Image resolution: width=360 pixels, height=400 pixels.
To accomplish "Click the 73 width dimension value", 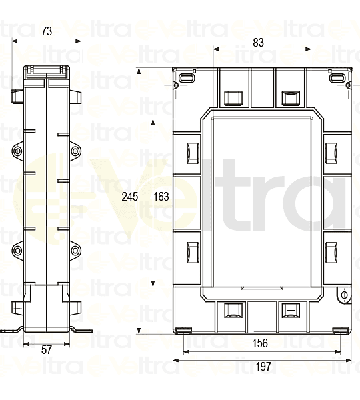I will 47,31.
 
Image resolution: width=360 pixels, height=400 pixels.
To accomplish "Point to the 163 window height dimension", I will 161,197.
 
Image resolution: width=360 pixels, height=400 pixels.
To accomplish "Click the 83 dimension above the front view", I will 259,42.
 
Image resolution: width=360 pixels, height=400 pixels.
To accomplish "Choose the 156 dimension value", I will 261,343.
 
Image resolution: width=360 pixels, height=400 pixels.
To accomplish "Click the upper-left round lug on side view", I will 18,152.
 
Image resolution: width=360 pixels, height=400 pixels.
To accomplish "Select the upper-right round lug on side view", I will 75,152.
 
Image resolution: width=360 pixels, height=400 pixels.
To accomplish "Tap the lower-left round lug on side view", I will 18,251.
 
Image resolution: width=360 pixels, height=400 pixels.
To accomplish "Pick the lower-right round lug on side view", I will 75,251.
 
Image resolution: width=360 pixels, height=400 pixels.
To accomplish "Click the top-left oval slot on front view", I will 186,79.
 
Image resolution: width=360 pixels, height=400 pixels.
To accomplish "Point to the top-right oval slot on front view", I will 335,79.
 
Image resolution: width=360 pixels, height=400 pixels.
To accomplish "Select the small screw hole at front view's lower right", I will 342,295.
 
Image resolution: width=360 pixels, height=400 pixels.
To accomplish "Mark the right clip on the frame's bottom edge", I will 290,311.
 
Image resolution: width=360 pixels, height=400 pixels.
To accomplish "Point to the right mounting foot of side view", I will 80,329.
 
